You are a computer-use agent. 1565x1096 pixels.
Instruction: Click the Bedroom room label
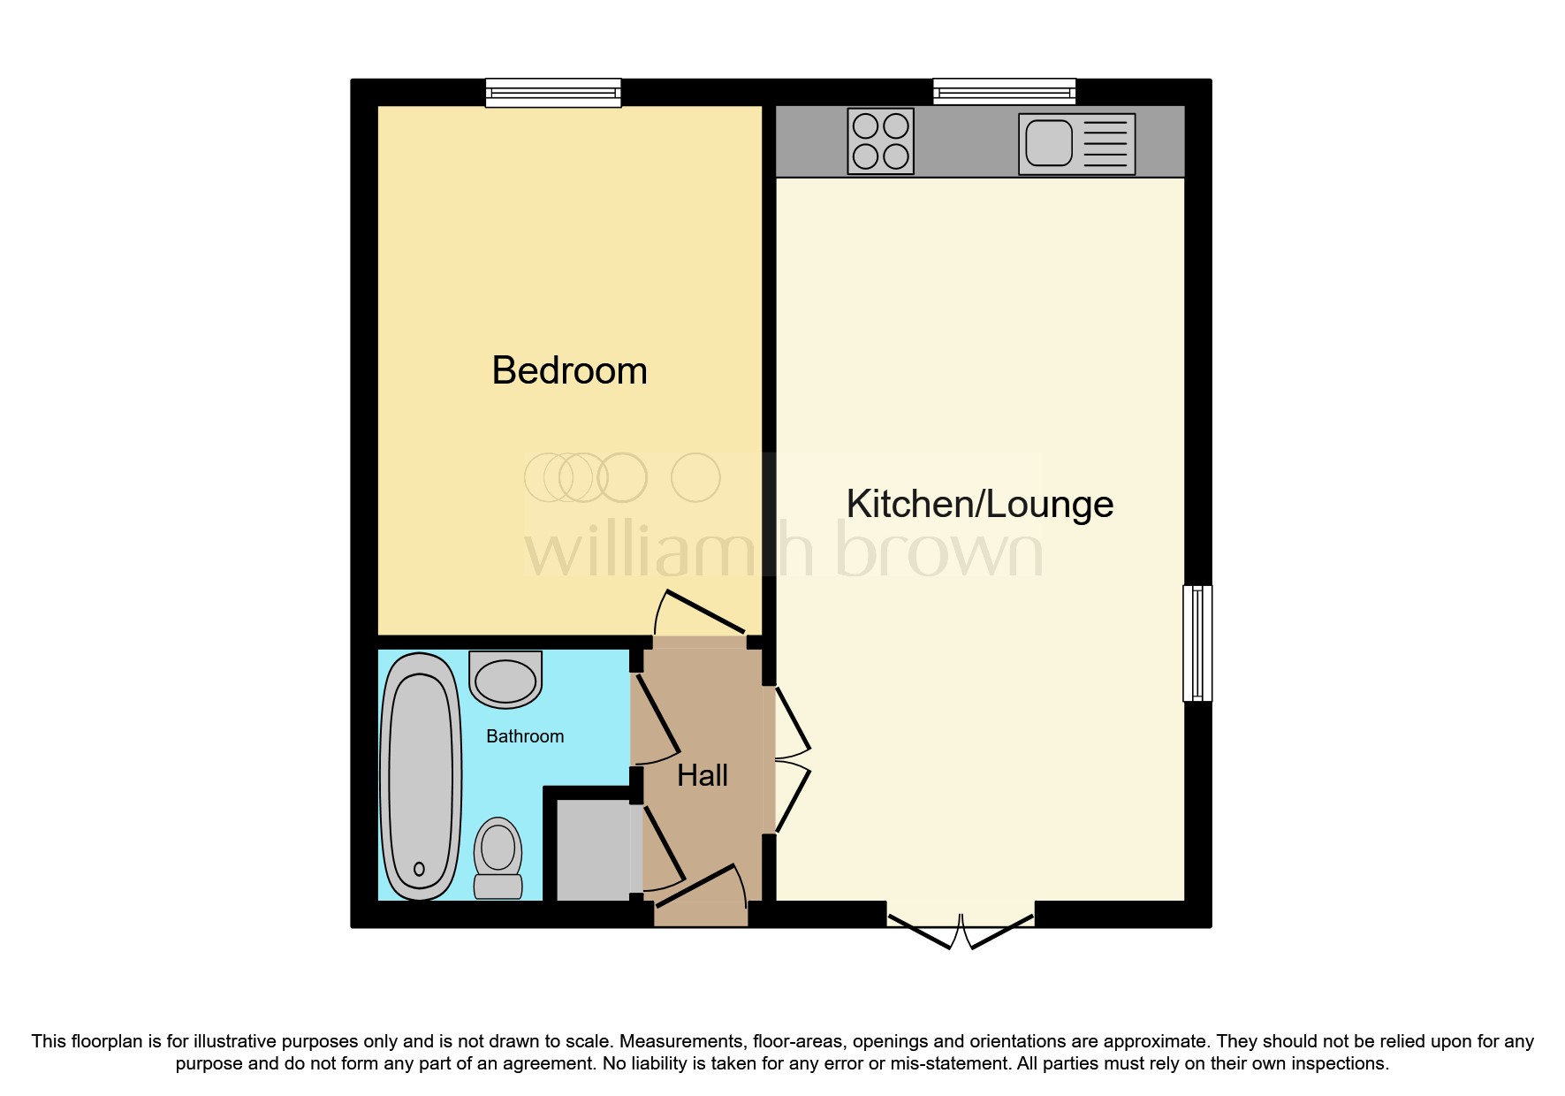[569, 370]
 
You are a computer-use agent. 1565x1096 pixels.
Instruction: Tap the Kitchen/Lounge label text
[980, 504]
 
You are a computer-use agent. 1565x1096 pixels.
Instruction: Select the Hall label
[703, 775]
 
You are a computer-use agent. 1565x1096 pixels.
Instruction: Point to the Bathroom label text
[525, 736]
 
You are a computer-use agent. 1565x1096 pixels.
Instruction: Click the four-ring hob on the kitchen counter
[881, 141]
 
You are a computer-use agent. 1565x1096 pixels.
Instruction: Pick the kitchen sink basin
[1049, 143]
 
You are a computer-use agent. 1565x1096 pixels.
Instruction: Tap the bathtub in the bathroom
[421, 776]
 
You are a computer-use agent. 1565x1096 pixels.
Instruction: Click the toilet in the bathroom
[498, 858]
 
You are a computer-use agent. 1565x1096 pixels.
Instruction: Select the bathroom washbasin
[505, 680]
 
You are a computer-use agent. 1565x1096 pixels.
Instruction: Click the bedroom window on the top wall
[553, 93]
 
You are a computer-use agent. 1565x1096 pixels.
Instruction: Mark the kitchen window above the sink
[1005, 92]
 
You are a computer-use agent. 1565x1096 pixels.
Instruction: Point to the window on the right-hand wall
[1197, 643]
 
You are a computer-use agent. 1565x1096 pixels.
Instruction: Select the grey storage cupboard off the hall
[593, 849]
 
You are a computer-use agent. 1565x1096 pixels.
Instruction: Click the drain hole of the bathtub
[419, 869]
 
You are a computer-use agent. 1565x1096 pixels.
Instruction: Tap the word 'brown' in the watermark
[939, 549]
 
